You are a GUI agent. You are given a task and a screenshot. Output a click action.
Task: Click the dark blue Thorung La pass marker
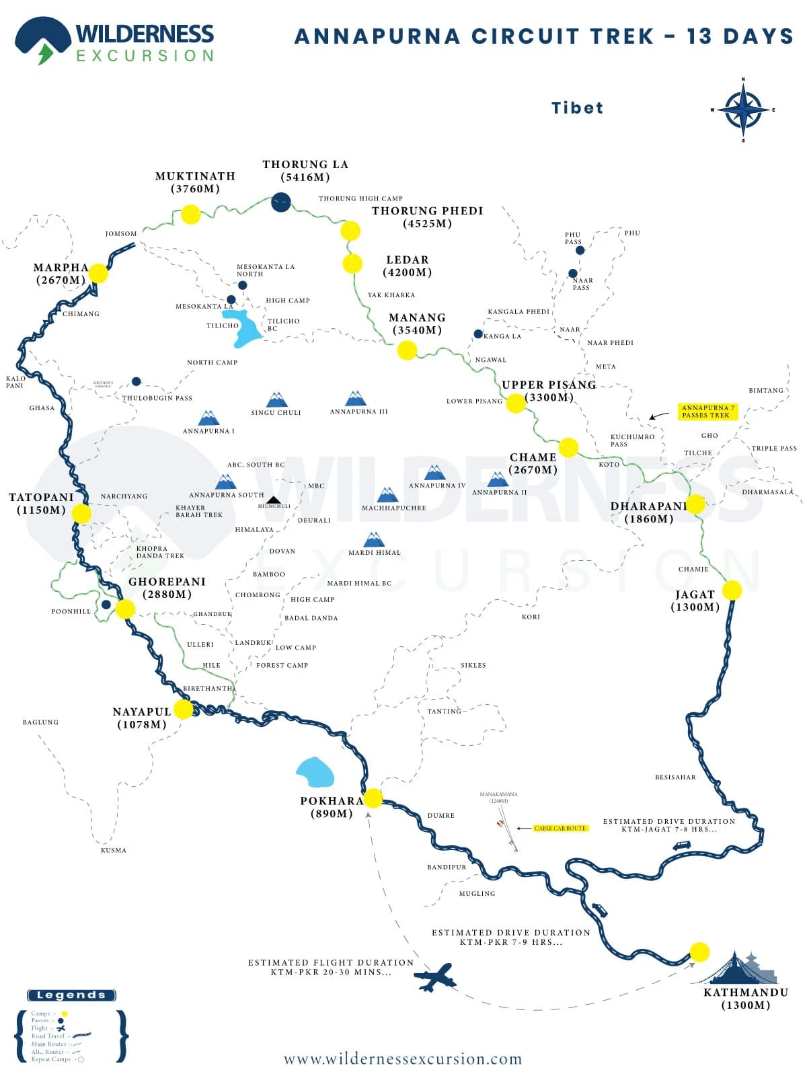click(281, 201)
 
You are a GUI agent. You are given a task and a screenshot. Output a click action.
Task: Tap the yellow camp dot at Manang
click(407, 350)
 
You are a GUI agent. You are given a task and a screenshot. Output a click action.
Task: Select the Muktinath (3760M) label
click(195, 182)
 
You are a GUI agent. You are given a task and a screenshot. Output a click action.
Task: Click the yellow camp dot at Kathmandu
click(699, 952)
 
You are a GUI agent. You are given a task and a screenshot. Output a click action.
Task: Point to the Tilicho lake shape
click(243, 328)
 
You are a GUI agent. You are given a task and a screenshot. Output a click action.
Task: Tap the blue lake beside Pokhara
click(315, 772)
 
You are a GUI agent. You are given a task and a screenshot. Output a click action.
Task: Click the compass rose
click(743, 110)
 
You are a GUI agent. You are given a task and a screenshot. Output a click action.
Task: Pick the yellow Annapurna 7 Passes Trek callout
click(708, 412)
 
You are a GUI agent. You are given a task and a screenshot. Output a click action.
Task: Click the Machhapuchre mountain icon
click(387, 495)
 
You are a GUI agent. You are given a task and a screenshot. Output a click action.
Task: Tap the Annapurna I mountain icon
click(208, 418)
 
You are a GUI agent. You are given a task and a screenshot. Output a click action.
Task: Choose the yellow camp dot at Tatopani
click(81, 514)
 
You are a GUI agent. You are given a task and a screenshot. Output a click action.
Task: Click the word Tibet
click(577, 108)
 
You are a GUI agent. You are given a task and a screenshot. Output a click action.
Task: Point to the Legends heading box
click(71, 995)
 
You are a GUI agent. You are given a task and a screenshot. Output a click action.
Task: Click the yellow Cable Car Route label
click(560, 828)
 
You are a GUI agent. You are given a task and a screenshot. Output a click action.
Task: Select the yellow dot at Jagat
click(732, 590)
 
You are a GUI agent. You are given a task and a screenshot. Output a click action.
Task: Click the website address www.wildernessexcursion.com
click(403, 1059)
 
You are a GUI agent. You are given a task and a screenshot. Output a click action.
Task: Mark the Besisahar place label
click(675, 777)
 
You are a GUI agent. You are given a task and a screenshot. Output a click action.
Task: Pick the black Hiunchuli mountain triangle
click(273, 500)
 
